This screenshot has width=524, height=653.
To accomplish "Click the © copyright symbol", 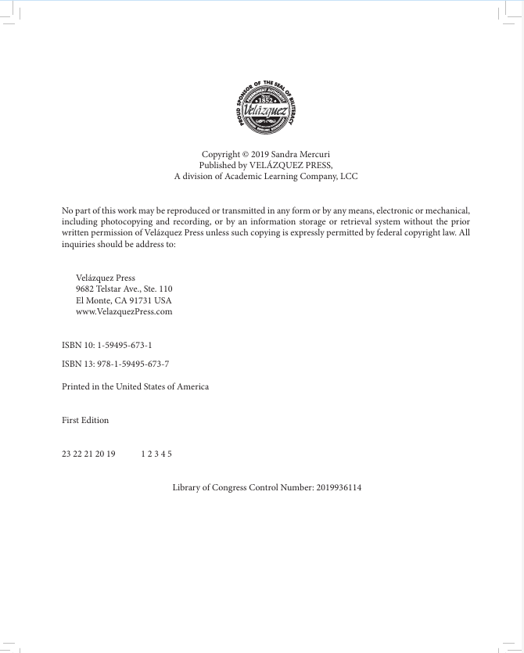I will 245,155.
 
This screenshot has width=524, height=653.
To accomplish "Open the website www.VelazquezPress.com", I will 124,311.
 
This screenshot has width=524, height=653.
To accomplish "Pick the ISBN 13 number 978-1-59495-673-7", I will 133,364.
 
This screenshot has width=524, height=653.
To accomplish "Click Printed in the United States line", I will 135,386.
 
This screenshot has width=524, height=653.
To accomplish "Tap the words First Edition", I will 85,420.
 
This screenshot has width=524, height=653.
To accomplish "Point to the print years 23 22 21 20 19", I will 88,454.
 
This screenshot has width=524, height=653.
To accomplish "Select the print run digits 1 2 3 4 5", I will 156,454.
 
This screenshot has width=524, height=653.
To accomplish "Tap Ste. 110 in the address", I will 157,289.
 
